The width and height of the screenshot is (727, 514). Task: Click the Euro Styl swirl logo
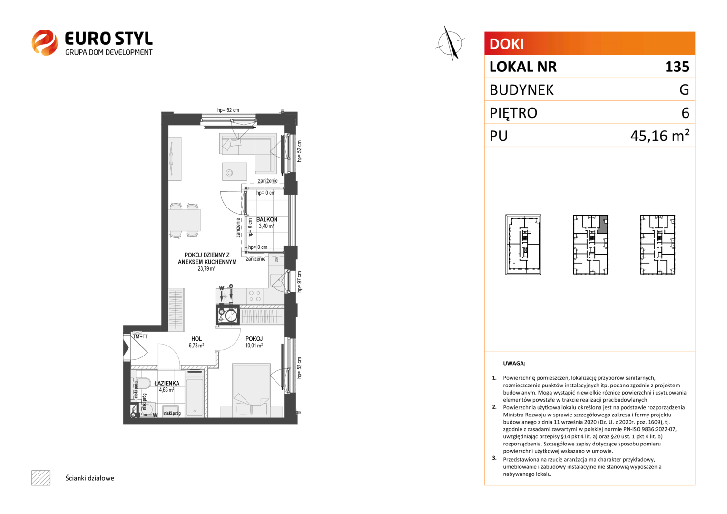[x=45, y=42]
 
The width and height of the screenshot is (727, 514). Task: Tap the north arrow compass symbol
[x=450, y=43]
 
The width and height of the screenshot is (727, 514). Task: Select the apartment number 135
[x=678, y=67]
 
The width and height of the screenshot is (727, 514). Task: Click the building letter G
[x=684, y=89]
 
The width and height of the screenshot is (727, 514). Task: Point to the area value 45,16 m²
[x=660, y=135]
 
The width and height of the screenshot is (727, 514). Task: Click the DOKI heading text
[x=506, y=44]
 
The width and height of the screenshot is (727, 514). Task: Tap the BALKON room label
[x=267, y=219]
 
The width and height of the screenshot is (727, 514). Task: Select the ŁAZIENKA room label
[x=167, y=383]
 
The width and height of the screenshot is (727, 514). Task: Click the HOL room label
[x=196, y=339]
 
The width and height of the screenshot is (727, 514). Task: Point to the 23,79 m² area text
[x=206, y=268]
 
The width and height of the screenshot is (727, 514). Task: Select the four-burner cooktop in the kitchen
[x=255, y=296]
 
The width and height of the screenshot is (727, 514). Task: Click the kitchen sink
[x=276, y=280]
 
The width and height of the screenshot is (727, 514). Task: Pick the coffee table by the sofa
[x=235, y=171]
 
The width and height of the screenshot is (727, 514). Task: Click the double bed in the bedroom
[x=252, y=390]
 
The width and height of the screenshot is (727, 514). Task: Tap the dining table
[x=184, y=220]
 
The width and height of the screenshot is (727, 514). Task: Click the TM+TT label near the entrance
[x=140, y=336]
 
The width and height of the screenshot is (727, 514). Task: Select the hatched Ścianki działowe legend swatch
[x=41, y=478]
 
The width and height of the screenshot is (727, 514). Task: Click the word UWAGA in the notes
[x=514, y=363]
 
